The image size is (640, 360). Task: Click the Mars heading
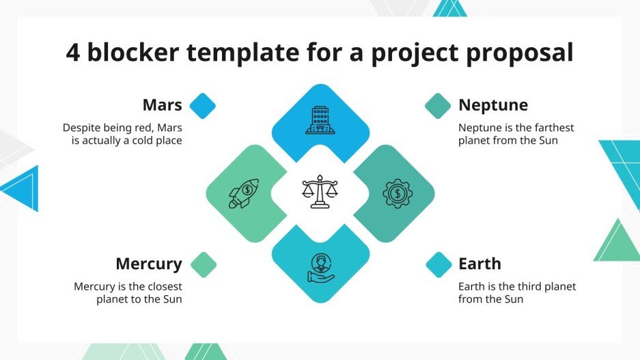coord(162,105)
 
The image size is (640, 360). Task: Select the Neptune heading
coord(492,105)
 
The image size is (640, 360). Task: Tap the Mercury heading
coord(148,264)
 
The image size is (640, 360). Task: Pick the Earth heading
coord(479,264)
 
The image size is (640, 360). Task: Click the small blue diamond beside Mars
coord(202,106)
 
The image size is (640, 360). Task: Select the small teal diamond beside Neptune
coord(438,106)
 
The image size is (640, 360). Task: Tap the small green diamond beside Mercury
coord(203,264)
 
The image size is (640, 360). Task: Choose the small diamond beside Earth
coord(439,264)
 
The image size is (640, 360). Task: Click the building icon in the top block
coord(320,120)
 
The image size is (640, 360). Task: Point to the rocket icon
coord(243,193)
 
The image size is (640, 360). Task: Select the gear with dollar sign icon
coord(397,193)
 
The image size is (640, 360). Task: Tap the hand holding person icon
coord(320,268)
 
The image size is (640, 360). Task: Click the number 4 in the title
coord(73,53)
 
